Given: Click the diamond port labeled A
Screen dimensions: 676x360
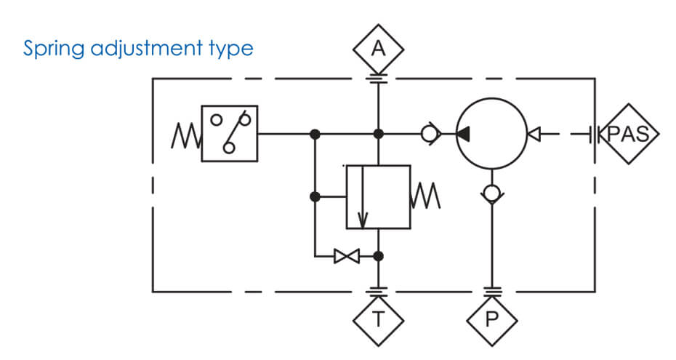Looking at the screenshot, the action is [x=378, y=49].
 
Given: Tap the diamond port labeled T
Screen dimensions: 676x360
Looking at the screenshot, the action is [x=378, y=320].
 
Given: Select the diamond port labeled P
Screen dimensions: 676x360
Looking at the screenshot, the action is [x=491, y=320].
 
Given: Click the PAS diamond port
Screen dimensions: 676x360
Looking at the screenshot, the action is [x=629, y=134].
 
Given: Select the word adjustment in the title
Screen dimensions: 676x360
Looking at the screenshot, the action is [x=147, y=48].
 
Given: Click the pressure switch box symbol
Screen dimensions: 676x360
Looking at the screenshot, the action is [x=230, y=134].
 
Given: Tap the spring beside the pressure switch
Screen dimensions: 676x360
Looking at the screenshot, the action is [x=186, y=135].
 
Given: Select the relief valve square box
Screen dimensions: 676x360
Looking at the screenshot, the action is [x=379, y=197].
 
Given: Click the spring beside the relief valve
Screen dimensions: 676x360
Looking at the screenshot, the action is [x=425, y=196].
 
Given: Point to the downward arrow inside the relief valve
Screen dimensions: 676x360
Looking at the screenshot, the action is [x=363, y=197].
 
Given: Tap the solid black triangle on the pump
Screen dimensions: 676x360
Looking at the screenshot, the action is [x=463, y=134].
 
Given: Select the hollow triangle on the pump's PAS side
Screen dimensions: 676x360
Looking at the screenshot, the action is [x=534, y=134].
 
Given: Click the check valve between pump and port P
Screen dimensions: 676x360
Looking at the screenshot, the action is [x=492, y=193].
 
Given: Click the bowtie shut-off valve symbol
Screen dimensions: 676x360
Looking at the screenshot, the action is [x=347, y=257].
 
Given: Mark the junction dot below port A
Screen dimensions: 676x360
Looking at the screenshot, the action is [x=378, y=134].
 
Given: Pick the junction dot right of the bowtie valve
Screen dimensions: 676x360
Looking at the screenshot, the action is [x=378, y=257].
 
